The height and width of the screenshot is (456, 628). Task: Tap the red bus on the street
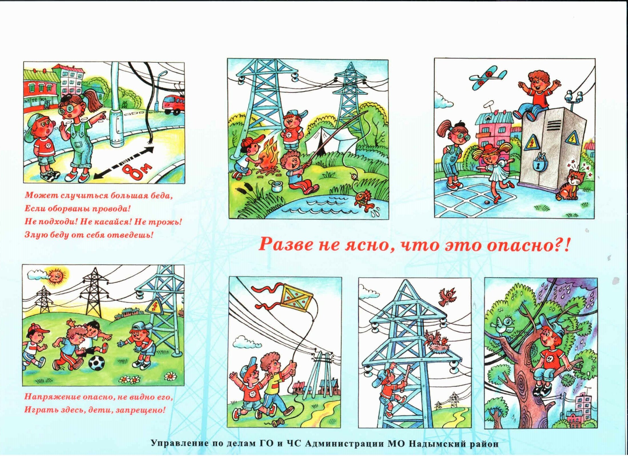174,104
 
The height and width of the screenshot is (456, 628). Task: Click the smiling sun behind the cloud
57,275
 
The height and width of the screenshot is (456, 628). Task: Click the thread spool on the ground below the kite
278,422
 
